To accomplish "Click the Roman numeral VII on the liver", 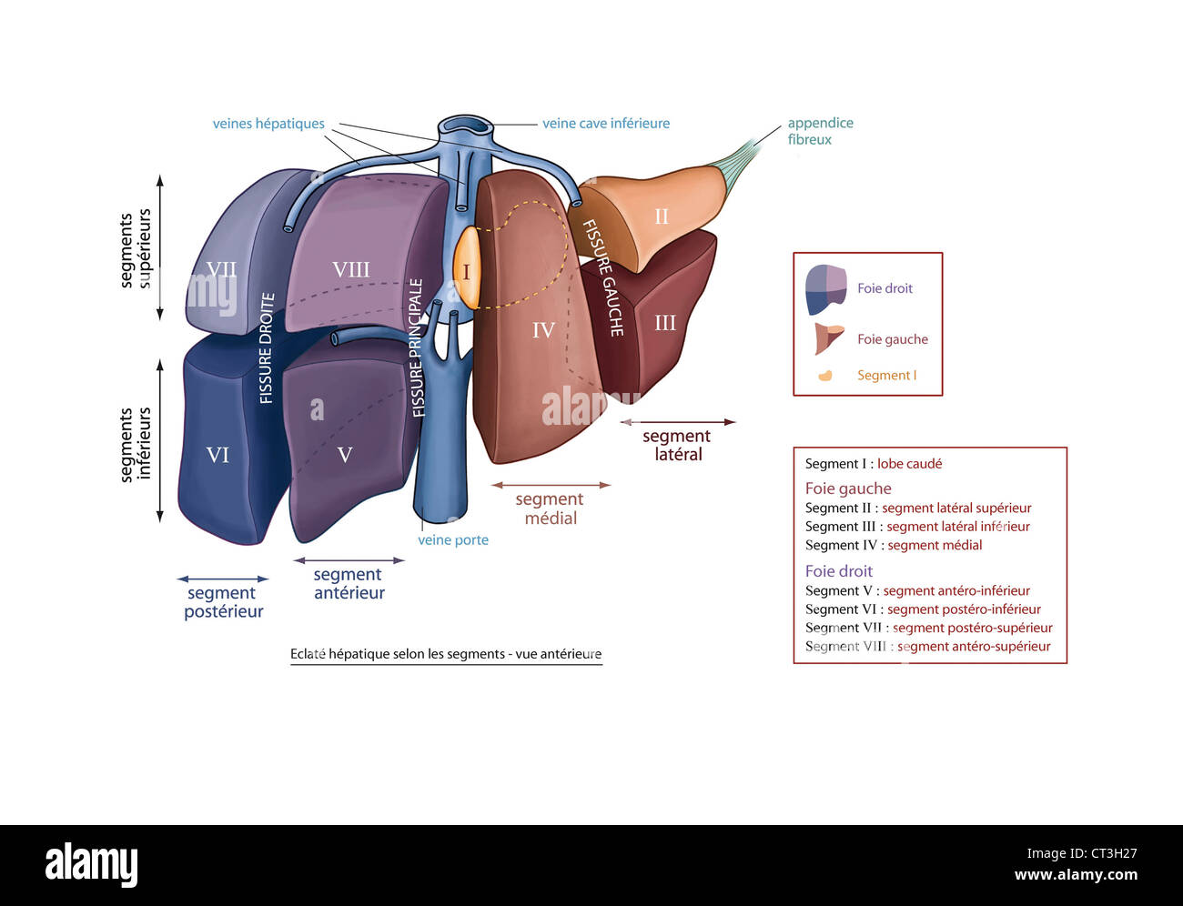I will pos(221,270).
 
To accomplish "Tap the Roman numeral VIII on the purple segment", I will pos(350,270).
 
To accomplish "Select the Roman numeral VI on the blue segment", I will pos(217,455).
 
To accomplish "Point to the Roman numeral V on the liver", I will pos(345,455).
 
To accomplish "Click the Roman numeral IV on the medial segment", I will pos(543,330).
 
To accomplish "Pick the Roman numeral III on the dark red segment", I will pos(665,323).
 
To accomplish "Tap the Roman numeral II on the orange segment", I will pos(662,216).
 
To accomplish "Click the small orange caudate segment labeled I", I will pos(466,272).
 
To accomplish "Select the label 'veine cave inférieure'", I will pos(606,124).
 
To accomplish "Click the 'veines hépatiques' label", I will pos(268,124).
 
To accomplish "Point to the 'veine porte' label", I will pos(453,540).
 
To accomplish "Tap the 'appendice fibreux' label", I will pos(820,131).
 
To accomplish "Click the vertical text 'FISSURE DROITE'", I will pos(267,347).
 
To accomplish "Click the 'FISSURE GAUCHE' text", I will pos(602,277).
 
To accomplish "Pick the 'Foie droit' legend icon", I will pos(825,289).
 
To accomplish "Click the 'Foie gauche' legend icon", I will pos(828,339).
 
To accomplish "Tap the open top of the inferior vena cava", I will pos(465,126).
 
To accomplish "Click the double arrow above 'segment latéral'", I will pos(678,422).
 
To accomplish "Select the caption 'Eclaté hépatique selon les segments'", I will pos(446,654).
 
